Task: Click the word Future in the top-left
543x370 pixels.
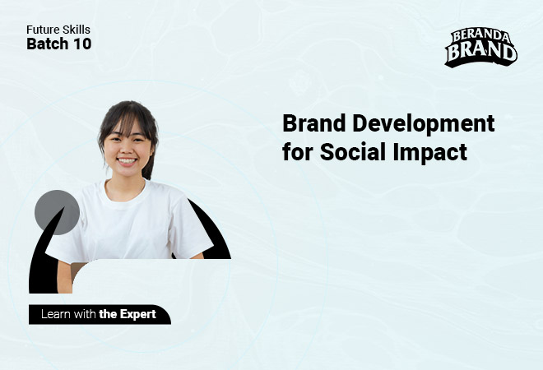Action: (39, 30)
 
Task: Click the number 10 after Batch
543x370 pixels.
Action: (82, 44)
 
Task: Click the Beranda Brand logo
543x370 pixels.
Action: (481, 48)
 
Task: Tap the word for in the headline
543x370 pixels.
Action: (298, 151)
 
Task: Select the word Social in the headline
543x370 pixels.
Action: (353, 151)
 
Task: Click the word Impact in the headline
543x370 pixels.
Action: (429, 153)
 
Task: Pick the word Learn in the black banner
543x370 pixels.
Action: (56, 314)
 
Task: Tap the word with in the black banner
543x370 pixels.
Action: (85, 314)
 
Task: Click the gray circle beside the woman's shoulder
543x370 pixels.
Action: (57, 212)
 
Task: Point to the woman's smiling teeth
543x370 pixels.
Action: (127, 161)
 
